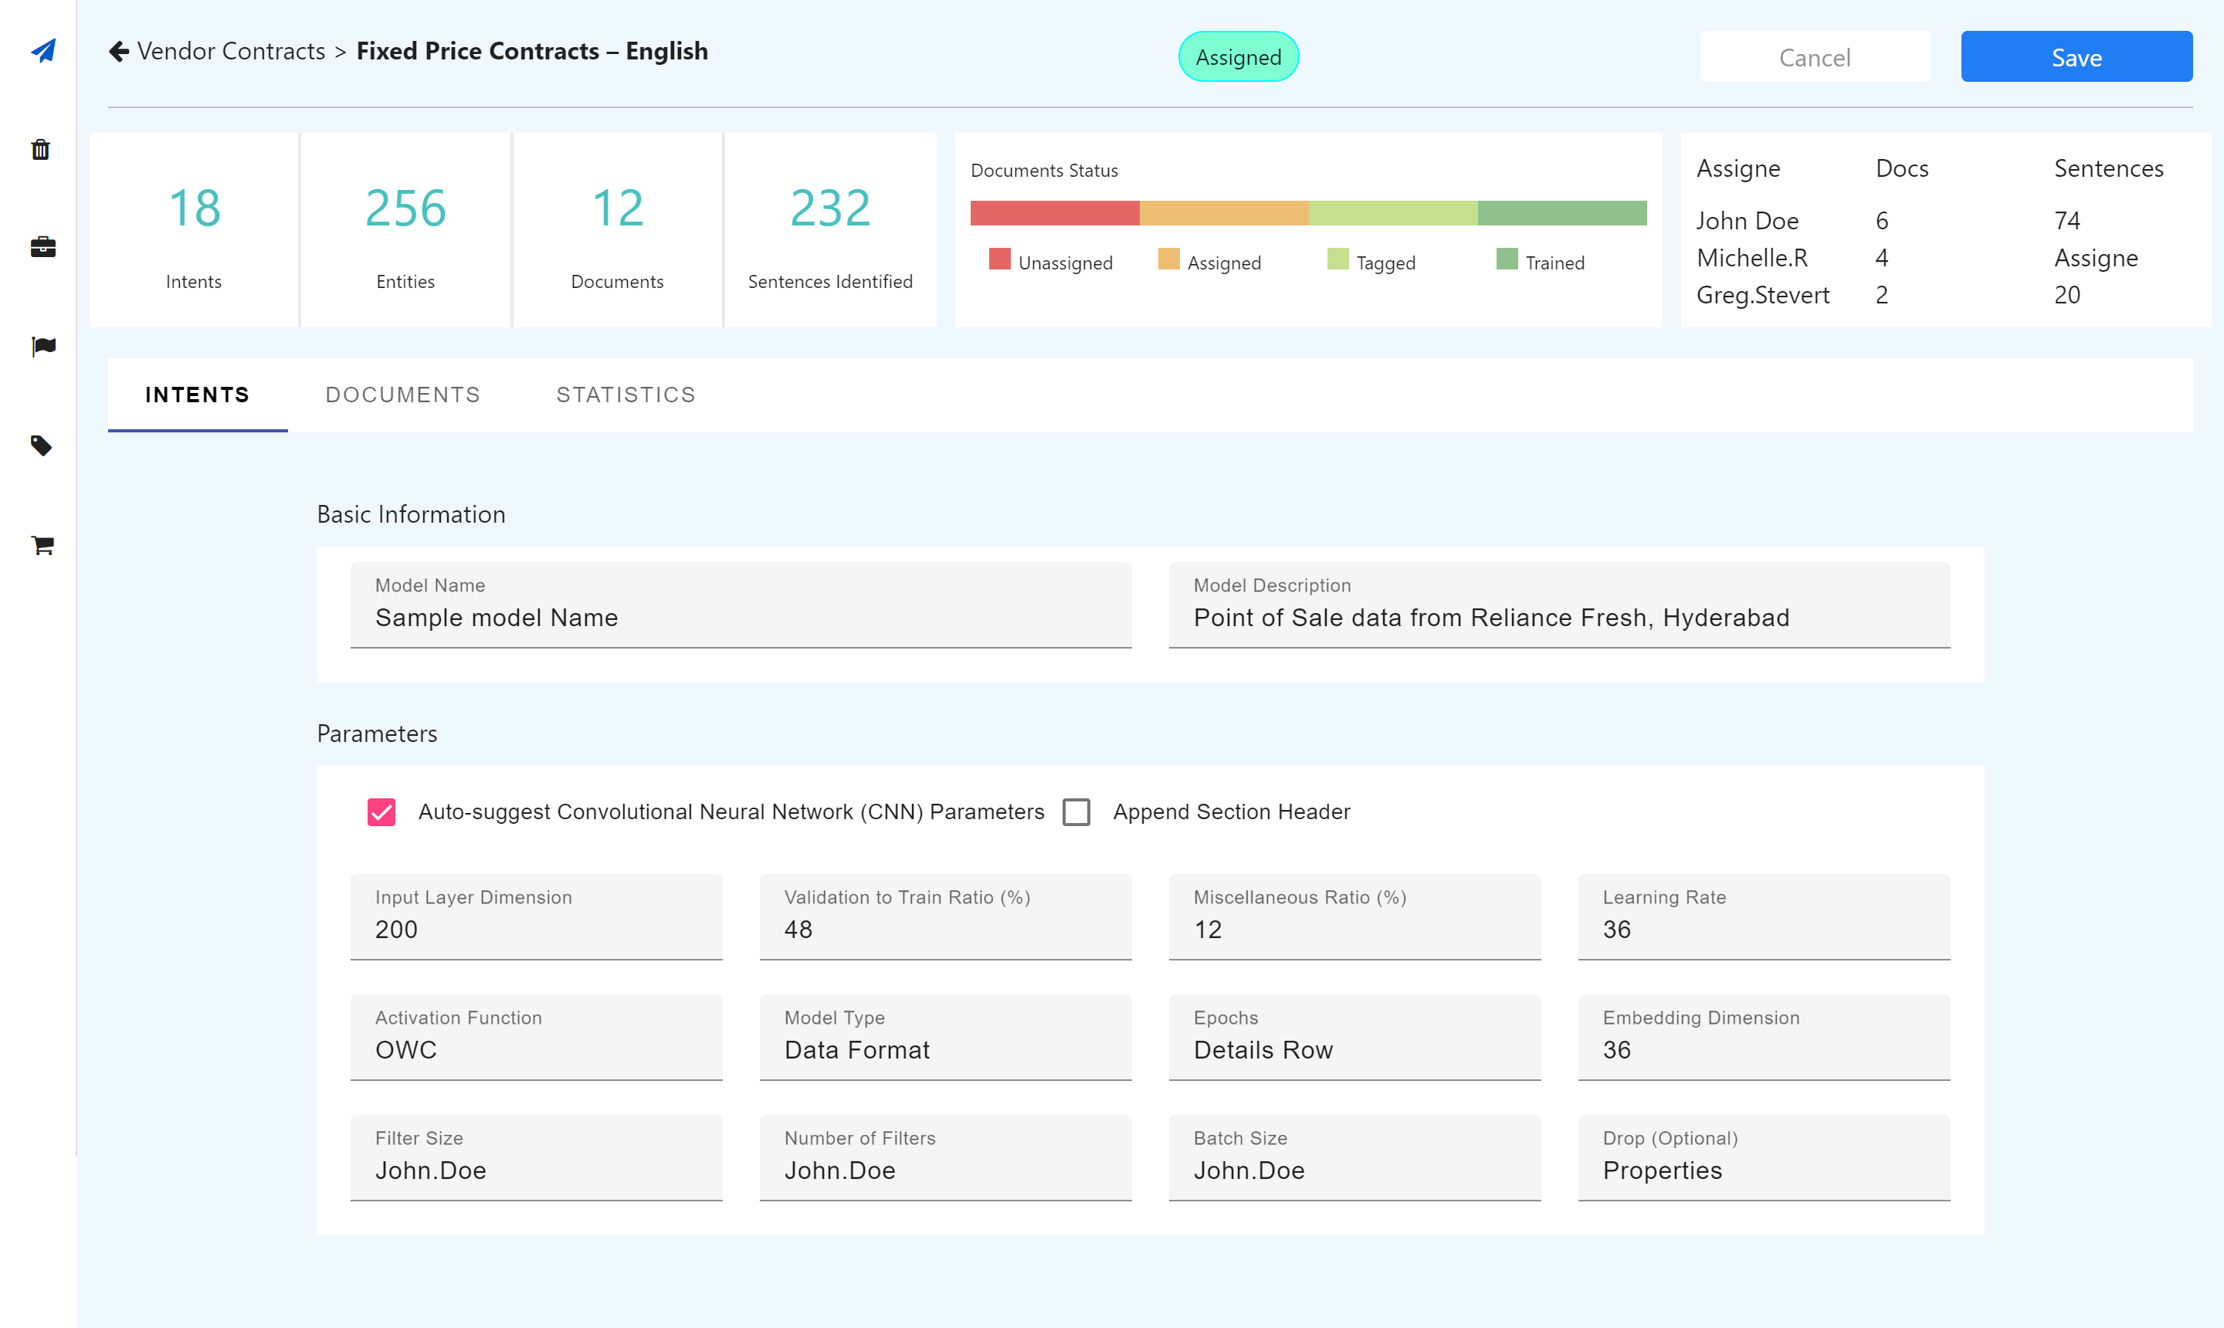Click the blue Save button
coord(2076,57)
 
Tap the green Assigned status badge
coord(1238,57)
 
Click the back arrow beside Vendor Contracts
coord(119,52)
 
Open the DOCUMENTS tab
coord(403,395)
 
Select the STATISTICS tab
coord(625,395)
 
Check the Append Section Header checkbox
coord(1076,811)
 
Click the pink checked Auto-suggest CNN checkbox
coord(381,811)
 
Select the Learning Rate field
coord(1763,916)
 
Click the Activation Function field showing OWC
coord(536,1037)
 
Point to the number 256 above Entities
coord(405,208)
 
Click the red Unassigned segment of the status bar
coord(1054,213)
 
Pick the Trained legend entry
coord(1541,263)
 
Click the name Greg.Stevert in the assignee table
coord(1762,295)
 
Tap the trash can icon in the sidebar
coord(41,150)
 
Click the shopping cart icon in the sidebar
coord(42,545)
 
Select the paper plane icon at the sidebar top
coord(43,51)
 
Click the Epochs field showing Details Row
coord(1354,1037)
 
